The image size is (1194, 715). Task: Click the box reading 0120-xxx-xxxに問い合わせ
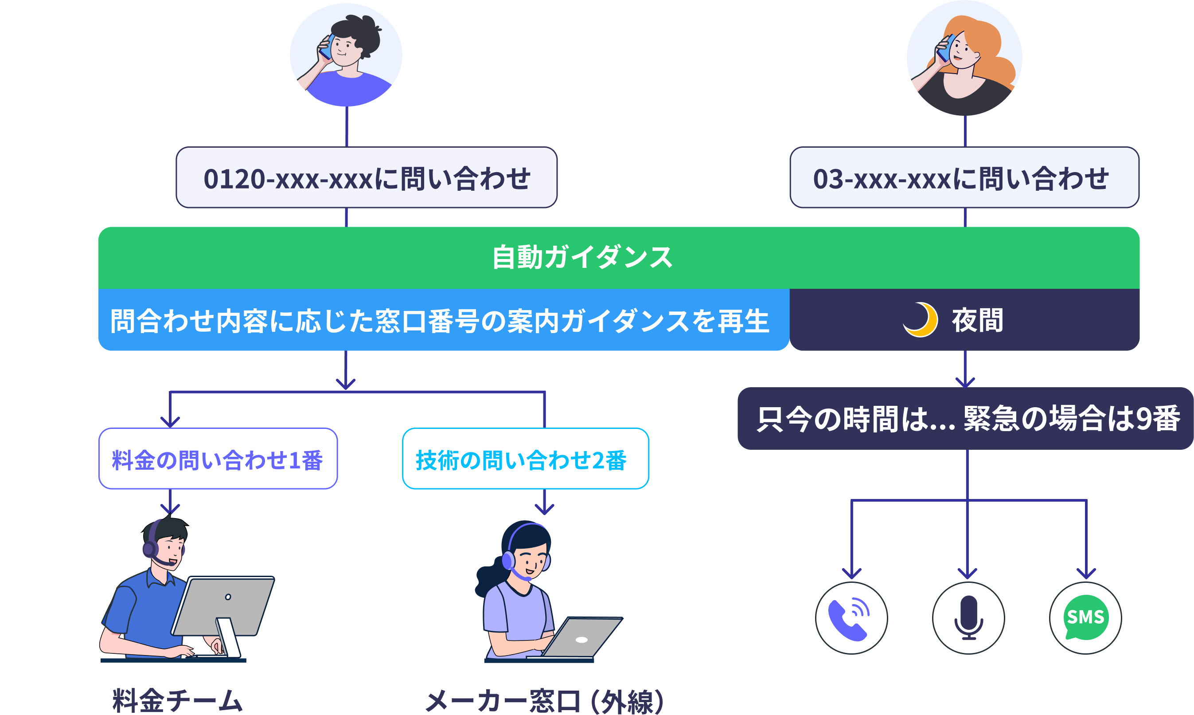[x=367, y=178]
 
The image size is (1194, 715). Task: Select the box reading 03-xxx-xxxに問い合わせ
[x=964, y=178]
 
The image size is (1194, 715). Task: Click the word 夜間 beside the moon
[x=977, y=320]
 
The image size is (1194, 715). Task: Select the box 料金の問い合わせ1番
[x=218, y=459]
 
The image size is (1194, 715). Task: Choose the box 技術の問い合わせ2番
[x=525, y=459]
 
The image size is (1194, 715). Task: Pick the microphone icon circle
[x=968, y=618]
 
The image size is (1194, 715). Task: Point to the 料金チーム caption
[x=177, y=700]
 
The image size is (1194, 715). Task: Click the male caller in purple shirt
[x=346, y=55]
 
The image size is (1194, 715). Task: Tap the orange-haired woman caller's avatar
[x=964, y=58]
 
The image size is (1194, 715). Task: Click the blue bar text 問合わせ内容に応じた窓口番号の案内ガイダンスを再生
[x=439, y=321]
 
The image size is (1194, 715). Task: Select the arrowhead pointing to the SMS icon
[x=1086, y=574]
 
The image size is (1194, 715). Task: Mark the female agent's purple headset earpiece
[x=508, y=560]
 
